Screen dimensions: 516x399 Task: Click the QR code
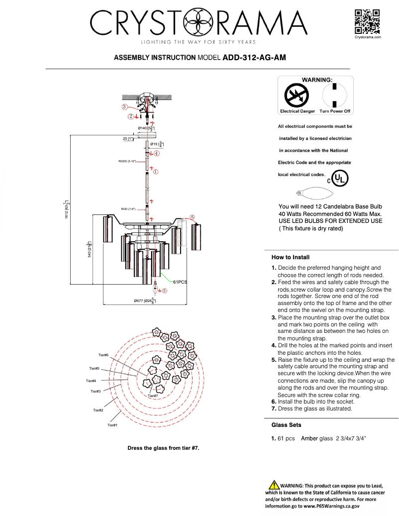pos(367,21)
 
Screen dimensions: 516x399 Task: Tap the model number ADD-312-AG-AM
pos(254,58)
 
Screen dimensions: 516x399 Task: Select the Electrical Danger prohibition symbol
pos(297,94)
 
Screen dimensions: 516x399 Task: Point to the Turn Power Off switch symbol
pos(335,94)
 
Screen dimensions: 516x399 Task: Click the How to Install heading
pos(291,257)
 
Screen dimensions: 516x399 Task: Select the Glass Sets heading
pos(286,425)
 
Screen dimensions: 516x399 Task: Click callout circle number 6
pos(192,217)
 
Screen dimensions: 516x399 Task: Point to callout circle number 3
pos(124,106)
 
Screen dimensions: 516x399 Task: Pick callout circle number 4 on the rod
pos(156,154)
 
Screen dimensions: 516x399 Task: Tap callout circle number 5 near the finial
pos(165,291)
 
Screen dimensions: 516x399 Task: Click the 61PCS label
pos(180,282)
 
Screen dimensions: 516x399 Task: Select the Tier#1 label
pos(112,425)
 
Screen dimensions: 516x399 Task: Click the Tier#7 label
pos(153,396)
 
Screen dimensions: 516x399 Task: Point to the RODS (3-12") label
pos(127,162)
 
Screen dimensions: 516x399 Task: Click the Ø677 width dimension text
pos(145,301)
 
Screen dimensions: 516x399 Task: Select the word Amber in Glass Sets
pos(309,438)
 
